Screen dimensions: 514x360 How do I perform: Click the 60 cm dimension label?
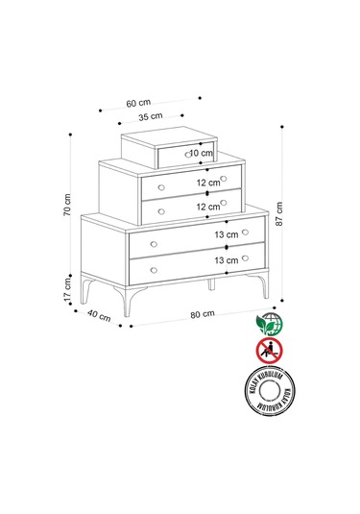[138, 102]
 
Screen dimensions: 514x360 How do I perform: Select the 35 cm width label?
[149, 118]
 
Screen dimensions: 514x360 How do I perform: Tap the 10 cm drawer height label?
[201, 153]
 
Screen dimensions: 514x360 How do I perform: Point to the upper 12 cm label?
[208, 183]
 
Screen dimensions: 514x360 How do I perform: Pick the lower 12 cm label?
[208, 206]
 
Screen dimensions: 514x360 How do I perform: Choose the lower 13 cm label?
[227, 260]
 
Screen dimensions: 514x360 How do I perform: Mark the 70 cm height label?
[68, 210]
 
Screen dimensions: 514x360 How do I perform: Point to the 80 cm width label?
[201, 317]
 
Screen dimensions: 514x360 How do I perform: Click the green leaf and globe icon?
[269, 322]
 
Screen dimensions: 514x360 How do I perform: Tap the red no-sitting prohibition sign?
[269, 351]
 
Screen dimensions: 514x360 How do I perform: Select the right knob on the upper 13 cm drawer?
[246, 232]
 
